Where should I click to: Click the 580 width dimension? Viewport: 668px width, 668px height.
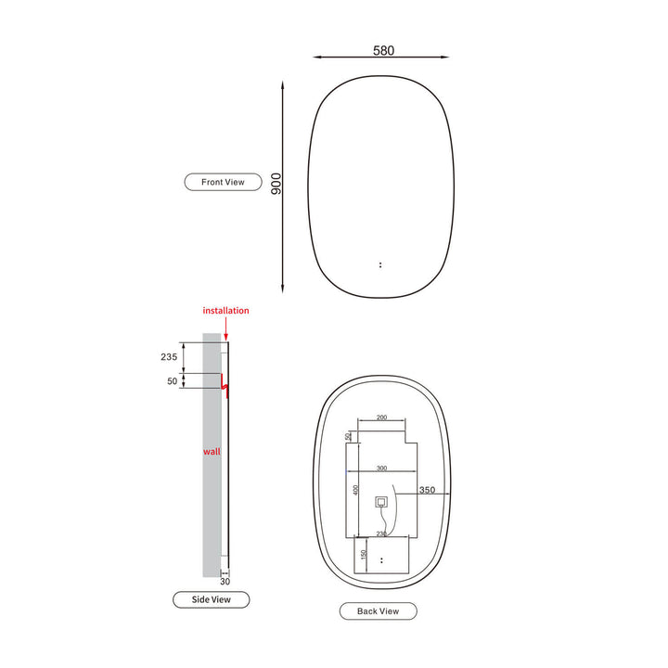pos(383,50)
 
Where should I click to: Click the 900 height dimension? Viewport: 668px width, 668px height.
pos(276,183)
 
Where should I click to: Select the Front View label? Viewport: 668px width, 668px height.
pos(223,182)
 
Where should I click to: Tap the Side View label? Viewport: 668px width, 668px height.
pos(211,599)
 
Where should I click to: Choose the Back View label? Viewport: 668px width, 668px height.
pos(378,610)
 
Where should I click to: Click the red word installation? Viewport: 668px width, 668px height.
pos(225,311)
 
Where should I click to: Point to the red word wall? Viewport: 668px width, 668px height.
pos(212,452)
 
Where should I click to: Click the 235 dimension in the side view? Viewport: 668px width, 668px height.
pos(168,356)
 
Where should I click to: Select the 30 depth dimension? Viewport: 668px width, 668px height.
pos(225,582)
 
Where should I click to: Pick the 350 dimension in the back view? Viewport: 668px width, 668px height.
pos(427,491)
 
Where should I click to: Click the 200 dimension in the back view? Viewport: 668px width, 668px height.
pos(381,418)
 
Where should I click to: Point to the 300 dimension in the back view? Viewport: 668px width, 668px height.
pos(381,469)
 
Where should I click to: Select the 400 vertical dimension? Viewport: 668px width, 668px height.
pos(353,490)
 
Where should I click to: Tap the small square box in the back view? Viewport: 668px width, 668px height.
pos(380,502)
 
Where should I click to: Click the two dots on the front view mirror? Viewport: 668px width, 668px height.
pos(380,264)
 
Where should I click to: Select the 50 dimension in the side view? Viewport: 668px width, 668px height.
pos(171,381)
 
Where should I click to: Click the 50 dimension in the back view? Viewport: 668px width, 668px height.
pos(349,435)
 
